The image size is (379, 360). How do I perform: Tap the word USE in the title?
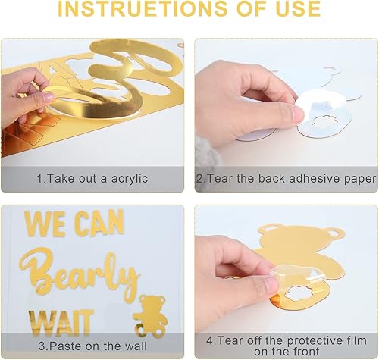(x=294, y=10)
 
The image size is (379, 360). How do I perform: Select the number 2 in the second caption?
(x=199, y=179)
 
